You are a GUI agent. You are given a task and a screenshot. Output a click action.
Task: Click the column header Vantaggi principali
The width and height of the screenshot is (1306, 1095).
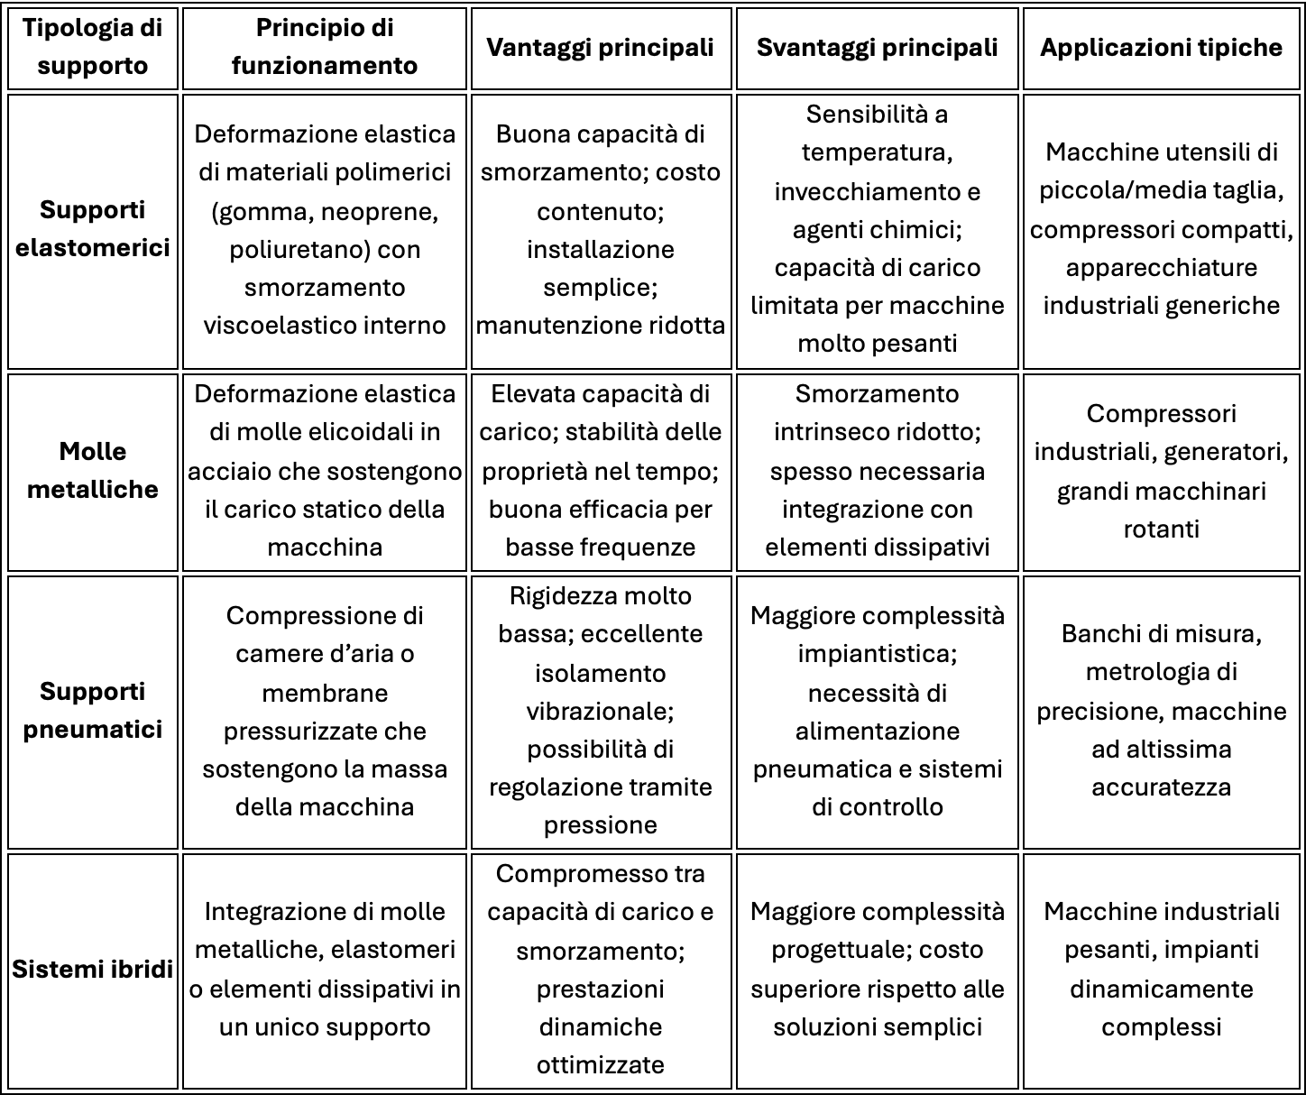tap(600, 48)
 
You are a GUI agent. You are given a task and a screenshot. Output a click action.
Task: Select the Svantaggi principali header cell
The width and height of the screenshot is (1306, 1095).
tap(877, 48)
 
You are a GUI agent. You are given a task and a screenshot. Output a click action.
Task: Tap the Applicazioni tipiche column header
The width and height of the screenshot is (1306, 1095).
tap(1161, 48)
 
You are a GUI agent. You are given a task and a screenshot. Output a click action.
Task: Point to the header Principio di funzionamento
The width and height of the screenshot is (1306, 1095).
tap(325, 47)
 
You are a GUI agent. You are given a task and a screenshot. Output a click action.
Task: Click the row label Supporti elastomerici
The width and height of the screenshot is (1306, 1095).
tap(93, 229)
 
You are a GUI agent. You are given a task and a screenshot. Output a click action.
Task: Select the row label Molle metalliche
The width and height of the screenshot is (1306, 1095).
tap(93, 470)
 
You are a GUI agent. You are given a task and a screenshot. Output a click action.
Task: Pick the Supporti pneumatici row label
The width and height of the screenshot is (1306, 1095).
tap(93, 710)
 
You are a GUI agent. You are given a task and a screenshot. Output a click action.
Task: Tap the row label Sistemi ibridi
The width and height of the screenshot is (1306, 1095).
tap(93, 970)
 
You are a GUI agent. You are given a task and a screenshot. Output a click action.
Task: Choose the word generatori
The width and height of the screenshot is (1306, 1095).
tap(1228, 451)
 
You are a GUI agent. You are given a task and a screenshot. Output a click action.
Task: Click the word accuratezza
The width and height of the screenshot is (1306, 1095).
tap(1161, 787)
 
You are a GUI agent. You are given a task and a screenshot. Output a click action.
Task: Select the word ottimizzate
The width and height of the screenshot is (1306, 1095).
tap(600, 1064)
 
